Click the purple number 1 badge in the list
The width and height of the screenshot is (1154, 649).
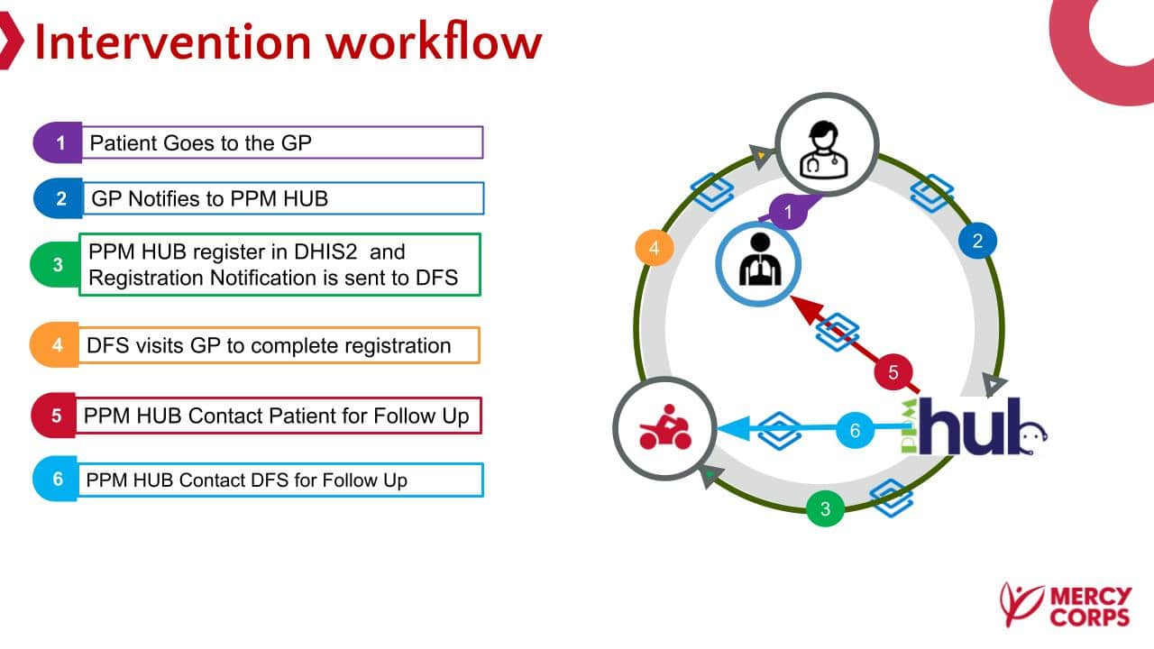59,142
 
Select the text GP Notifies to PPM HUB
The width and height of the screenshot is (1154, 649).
209,198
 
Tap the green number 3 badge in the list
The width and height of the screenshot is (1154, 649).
56,265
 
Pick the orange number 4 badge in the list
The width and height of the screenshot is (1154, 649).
56,345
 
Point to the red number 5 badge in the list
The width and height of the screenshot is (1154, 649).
56,416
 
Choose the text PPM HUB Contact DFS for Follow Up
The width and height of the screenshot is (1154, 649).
246,480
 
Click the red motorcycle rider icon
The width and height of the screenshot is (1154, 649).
664,428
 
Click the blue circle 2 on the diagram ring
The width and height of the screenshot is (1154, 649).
976,242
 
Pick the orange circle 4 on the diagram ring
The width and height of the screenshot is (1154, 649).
654,247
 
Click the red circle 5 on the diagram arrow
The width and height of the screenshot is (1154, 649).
892,371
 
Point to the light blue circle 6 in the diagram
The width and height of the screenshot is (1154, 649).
854,431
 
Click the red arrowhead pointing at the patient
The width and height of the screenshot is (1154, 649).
802,311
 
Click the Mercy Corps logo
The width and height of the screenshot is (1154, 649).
1066,605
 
